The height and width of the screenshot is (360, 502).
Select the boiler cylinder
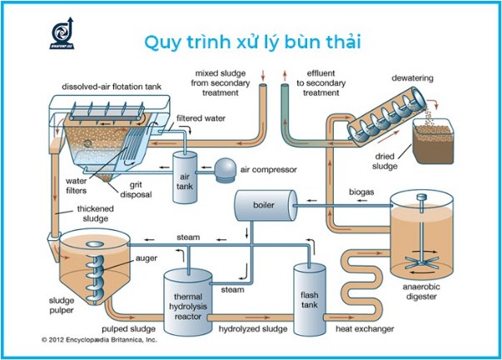click(x=265, y=204)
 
